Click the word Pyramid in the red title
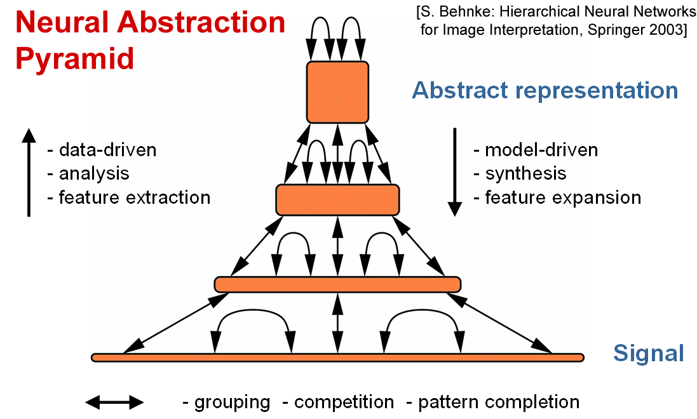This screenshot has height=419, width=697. click(x=74, y=59)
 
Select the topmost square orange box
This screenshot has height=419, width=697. click(x=337, y=91)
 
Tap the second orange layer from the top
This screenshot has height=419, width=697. click(x=337, y=199)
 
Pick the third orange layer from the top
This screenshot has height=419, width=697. click(x=337, y=284)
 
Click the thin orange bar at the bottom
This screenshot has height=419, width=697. click(x=337, y=357)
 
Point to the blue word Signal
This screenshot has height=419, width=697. click(x=648, y=353)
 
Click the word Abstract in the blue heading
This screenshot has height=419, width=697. click(x=459, y=90)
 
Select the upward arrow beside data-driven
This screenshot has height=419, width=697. click(x=29, y=172)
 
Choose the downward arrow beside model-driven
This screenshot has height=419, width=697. click(x=455, y=172)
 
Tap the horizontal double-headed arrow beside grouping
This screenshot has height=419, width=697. click(x=115, y=402)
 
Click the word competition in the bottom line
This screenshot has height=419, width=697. click(x=344, y=402)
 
